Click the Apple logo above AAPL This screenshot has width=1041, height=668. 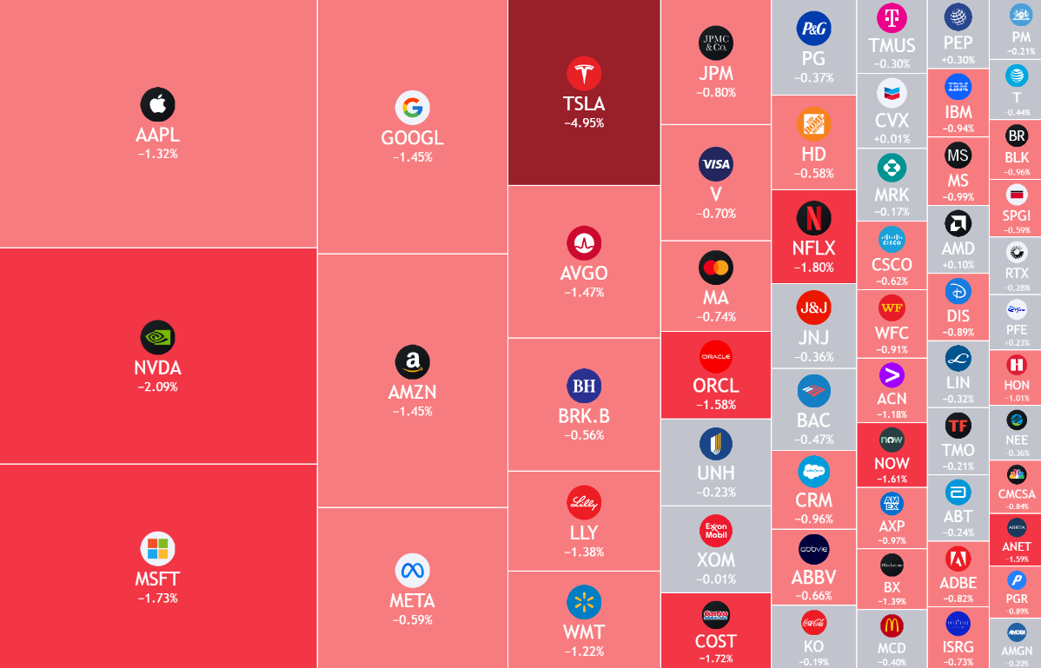157,105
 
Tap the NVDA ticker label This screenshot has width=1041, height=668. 157,367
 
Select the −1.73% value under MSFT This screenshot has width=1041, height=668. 157,598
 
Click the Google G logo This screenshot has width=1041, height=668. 412,108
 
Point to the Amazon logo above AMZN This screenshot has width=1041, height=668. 412,362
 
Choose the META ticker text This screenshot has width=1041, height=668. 412,600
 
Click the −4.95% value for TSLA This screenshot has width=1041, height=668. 584,122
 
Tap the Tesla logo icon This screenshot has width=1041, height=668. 584,73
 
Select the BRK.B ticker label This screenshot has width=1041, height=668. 584,416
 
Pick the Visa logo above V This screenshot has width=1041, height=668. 716,164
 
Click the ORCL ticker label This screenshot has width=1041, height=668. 716,386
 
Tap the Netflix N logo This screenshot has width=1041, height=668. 814,218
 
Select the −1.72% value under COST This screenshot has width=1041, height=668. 716,659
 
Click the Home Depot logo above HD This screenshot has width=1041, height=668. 814,124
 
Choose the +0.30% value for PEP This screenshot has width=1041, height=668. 958,60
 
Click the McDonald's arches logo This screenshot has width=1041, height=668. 892,625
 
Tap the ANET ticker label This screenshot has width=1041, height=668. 1017,546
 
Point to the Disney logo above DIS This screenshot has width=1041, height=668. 958,291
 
